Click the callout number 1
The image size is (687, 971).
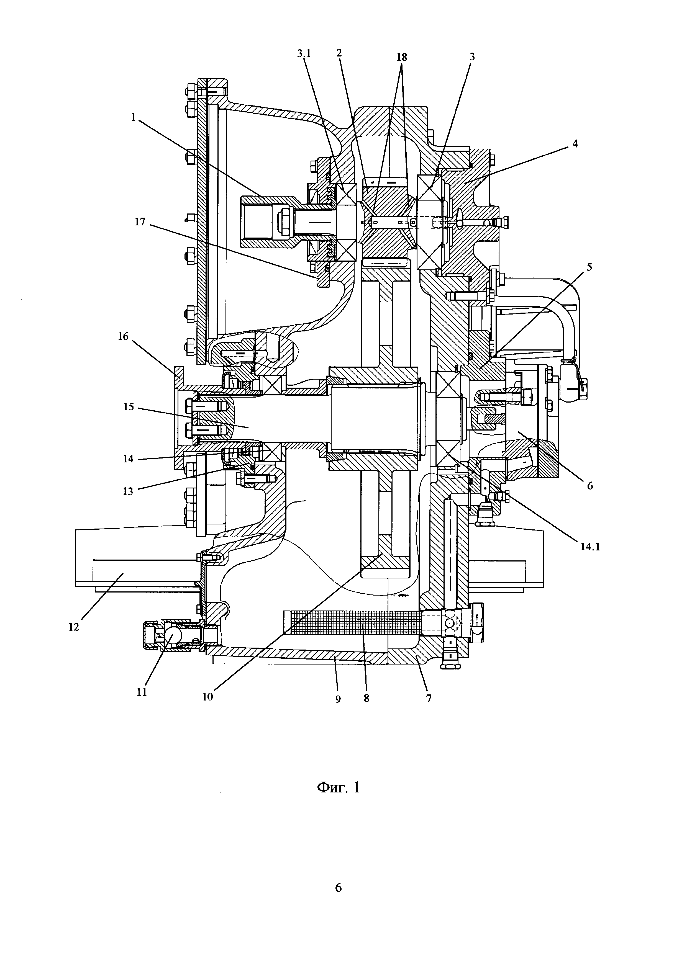134,117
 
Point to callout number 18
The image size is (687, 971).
402,57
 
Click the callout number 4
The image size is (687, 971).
575,144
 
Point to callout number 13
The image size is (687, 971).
128,491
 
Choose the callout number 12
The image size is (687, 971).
74,627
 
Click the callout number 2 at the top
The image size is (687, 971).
339,53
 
